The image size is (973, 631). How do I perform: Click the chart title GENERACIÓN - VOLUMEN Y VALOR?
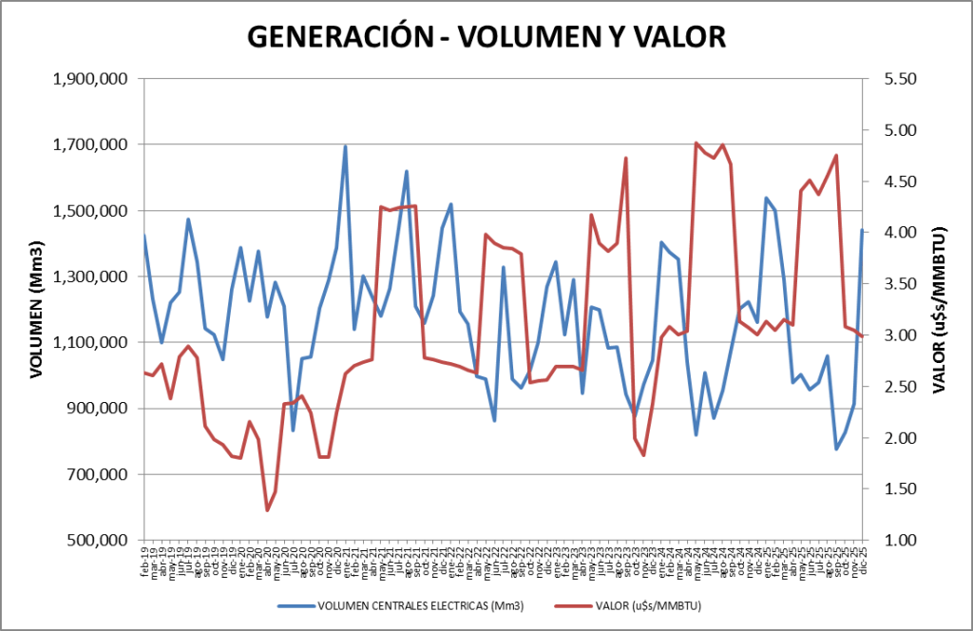tap(486, 36)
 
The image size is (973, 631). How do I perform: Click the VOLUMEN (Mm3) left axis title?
tap(37, 311)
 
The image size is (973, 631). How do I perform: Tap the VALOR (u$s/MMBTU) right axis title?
tap(938, 310)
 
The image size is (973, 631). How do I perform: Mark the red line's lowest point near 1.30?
tap(267, 510)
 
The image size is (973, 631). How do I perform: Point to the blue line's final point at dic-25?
tap(862, 230)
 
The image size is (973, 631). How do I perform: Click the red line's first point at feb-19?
tap(144, 373)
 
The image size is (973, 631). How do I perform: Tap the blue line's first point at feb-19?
tap(144, 235)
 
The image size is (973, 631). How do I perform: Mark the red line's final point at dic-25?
tap(862, 336)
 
